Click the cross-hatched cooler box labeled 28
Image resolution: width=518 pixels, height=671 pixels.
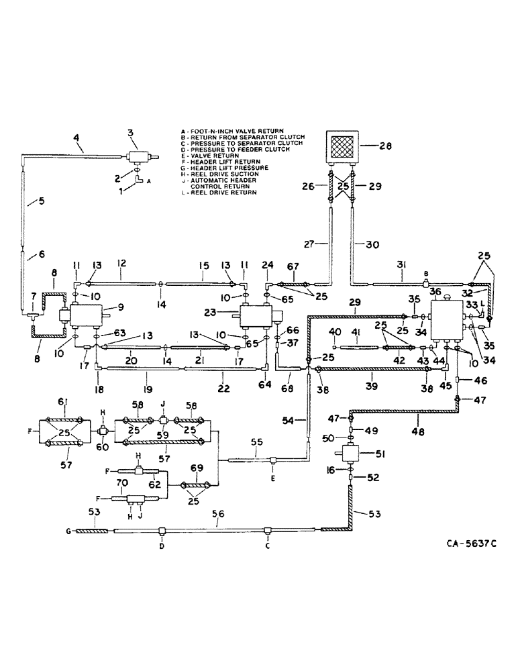pos(342,144)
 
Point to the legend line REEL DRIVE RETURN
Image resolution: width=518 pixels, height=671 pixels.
pos(216,193)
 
